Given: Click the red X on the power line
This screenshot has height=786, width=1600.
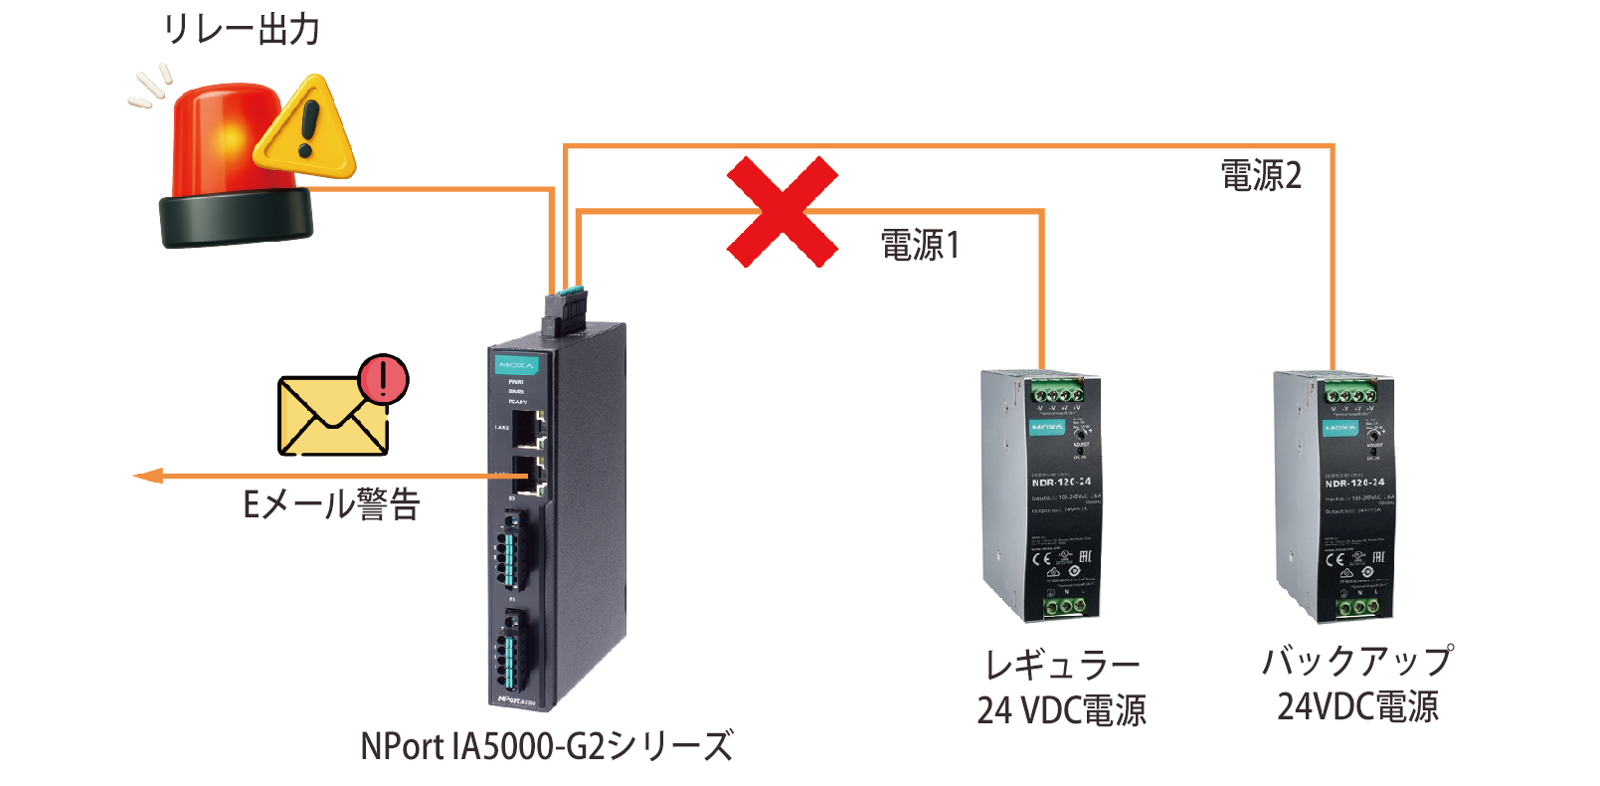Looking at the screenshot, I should pos(783,212).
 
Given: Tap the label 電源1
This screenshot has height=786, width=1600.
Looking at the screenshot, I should pos(920,245).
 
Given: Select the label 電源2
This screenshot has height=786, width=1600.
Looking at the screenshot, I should pos(1261,176).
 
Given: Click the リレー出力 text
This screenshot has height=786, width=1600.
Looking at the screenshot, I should pos(242,30).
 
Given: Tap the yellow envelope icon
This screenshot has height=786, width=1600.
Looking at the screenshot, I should pos(331,416).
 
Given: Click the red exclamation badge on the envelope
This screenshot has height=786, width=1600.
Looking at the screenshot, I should pos(383,379).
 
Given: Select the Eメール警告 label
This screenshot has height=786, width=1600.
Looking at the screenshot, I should pos(331,504).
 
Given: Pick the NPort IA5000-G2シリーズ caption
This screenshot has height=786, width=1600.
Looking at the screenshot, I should pos(546,746).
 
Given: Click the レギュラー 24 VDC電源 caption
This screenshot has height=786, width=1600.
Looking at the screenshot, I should pos(1061,688).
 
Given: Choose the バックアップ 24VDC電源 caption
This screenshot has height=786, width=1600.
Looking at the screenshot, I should pos(1357,685).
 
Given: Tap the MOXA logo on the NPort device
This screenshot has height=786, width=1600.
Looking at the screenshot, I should pos(516,365).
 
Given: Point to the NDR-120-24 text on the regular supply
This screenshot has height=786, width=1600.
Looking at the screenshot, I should pos(1061,482).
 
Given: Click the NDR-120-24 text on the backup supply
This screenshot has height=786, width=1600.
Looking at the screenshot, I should pos(1354,483).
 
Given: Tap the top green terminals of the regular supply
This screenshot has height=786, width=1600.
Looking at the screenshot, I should pos(1056,393).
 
